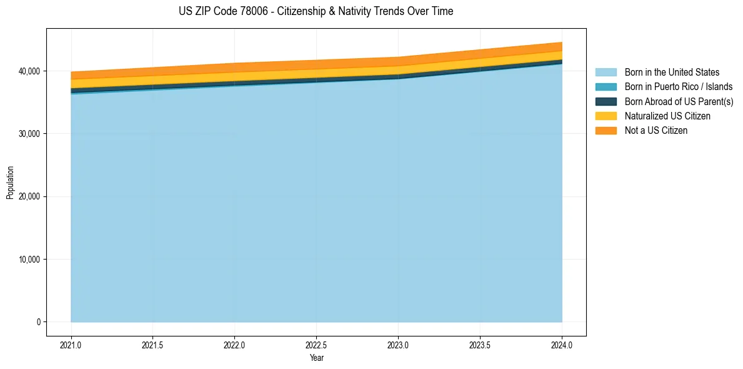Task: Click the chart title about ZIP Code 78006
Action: tap(316, 11)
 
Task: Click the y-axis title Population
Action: tap(10, 183)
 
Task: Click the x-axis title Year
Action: tap(316, 358)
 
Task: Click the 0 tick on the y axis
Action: tap(37, 322)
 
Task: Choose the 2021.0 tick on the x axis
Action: tap(71, 345)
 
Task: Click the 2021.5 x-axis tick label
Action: tap(153, 345)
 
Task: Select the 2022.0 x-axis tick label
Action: tap(235, 345)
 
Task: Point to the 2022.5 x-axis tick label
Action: tap(317, 345)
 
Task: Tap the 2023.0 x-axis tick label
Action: tap(398, 345)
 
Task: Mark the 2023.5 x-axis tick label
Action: tap(480, 345)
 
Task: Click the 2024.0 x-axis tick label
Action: tap(562, 345)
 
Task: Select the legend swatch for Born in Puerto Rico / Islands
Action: tap(606, 87)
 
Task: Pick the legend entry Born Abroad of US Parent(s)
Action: tap(679, 101)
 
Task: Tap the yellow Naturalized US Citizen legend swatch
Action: tap(606, 116)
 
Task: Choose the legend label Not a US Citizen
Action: tap(656, 131)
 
